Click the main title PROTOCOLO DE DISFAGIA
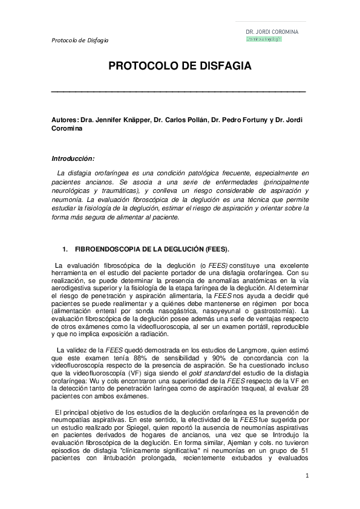tap(179, 65)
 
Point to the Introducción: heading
tap(73, 159)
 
